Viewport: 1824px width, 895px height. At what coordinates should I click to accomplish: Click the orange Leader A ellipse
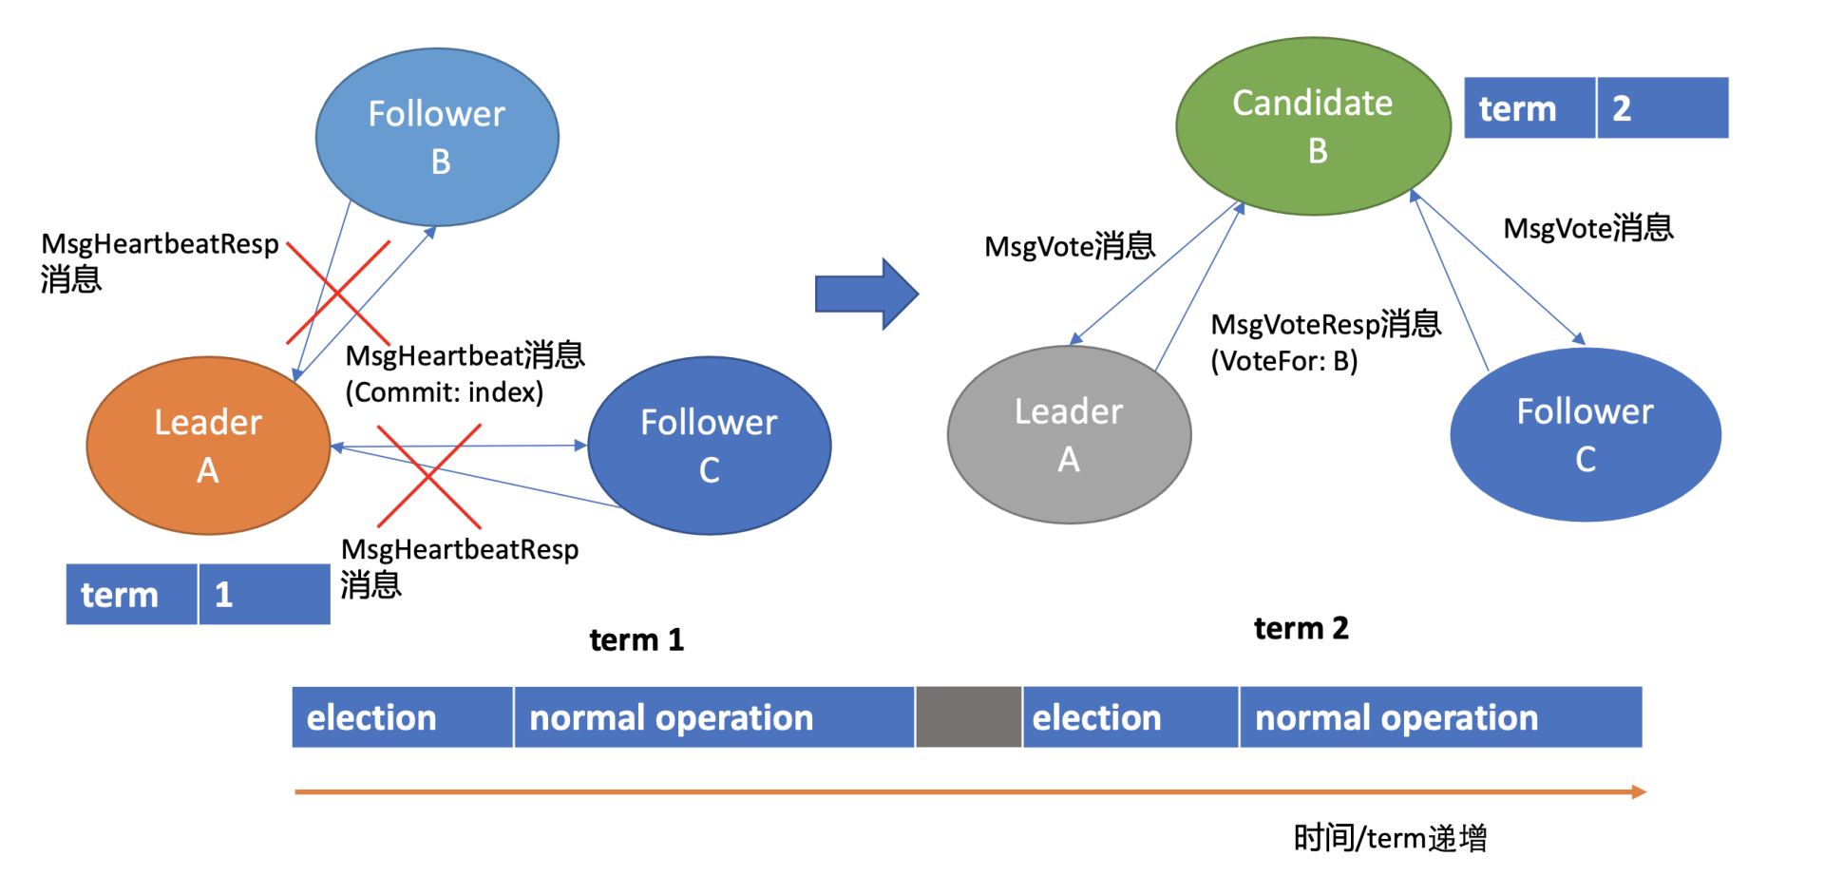click(208, 446)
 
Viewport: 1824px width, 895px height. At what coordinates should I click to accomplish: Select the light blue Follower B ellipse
click(437, 138)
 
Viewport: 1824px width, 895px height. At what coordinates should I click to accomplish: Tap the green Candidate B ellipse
click(1313, 126)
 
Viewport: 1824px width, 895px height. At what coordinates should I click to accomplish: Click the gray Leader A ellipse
click(1069, 435)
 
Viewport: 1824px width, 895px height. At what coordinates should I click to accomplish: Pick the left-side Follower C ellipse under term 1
click(709, 446)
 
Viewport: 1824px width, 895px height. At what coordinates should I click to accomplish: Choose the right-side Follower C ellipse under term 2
click(1585, 435)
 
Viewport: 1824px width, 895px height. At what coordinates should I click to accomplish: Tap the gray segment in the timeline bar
click(968, 717)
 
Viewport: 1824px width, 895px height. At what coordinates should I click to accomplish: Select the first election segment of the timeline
click(402, 717)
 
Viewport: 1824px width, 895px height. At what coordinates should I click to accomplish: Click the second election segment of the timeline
click(1130, 717)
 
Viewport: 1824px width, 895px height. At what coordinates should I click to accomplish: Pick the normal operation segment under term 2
click(1439, 717)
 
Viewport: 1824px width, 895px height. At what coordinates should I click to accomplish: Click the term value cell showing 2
click(1662, 108)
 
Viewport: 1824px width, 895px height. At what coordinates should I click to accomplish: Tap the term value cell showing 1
click(263, 595)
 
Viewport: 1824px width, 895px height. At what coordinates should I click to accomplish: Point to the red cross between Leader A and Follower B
click(338, 293)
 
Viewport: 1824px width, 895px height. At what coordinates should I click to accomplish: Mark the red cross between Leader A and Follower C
click(429, 476)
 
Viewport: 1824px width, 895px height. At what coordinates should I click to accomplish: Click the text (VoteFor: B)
click(1283, 361)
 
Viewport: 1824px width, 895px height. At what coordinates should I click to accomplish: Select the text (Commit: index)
click(444, 392)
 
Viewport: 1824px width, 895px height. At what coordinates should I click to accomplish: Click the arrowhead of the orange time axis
click(1639, 791)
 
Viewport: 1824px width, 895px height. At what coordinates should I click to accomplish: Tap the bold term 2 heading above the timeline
click(1301, 628)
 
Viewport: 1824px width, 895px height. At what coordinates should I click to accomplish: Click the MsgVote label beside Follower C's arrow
click(1587, 228)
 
